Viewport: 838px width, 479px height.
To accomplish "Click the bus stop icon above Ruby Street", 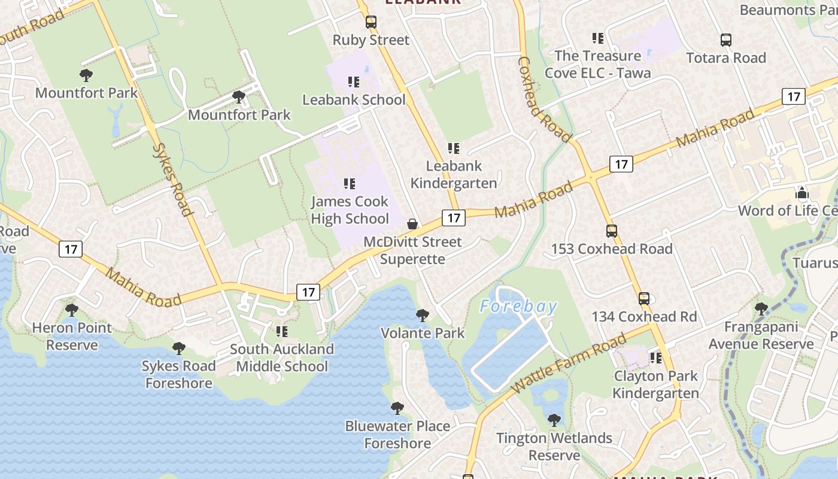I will tap(371, 23).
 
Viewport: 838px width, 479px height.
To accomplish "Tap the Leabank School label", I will tap(354, 100).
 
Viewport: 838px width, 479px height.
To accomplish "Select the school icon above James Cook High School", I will tap(350, 184).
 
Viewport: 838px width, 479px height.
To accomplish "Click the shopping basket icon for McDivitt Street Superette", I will tap(412, 225).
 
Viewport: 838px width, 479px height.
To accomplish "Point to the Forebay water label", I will tap(518, 307).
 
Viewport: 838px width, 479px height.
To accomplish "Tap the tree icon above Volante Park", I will tap(423, 316).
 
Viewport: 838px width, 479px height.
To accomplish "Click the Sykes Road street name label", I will tap(173, 179).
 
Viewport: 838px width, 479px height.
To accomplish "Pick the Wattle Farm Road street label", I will tap(569, 365).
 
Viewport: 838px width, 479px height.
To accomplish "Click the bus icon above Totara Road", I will tap(726, 40).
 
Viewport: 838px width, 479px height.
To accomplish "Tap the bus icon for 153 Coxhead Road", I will tap(612, 231).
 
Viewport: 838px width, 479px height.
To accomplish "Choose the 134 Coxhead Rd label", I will tap(644, 317).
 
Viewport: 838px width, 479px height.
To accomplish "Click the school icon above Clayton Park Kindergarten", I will tap(656, 358).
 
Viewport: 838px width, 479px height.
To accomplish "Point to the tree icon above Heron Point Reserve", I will tap(72, 310).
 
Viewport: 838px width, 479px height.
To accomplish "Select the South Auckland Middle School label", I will tap(282, 357).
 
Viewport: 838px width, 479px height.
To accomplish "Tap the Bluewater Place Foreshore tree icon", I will tap(397, 408).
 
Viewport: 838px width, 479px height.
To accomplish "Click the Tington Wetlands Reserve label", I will tap(554, 447).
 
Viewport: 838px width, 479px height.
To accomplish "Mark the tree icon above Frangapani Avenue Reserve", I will tap(761, 309).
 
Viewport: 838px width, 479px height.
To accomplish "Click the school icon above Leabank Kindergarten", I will tap(454, 148).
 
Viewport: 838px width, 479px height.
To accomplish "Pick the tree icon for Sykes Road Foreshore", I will tap(178, 348).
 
